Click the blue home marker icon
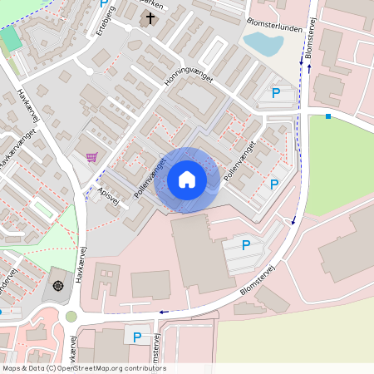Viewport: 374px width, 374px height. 187,179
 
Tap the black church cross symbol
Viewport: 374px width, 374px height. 150,17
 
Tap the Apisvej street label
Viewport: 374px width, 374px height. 108,193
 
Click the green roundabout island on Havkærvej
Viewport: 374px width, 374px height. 71,316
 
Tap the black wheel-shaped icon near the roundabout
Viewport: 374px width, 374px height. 58,286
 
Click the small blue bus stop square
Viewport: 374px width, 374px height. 328,116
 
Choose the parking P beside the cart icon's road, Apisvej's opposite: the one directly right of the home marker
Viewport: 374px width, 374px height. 273,185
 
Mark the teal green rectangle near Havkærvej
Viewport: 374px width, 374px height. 10,38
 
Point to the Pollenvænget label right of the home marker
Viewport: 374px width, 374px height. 238,162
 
